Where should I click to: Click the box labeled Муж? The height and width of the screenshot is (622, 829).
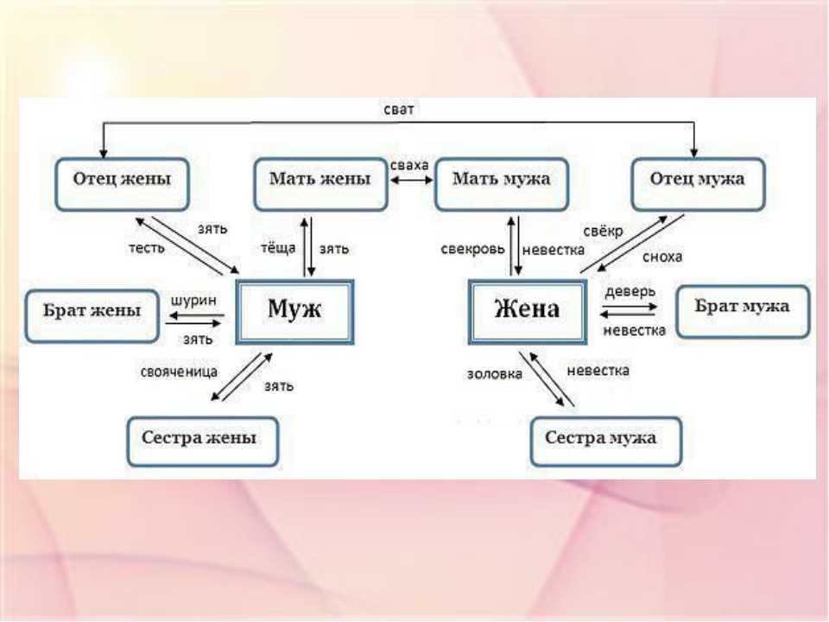pos(294,312)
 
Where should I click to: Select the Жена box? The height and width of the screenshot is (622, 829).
pos(528,312)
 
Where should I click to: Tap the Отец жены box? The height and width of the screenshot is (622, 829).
pos(122,184)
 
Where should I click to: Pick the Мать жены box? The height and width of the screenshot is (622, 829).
pos(320,184)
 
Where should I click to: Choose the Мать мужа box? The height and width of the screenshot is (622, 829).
pos(501,184)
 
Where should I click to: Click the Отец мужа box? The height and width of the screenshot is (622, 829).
pos(698,184)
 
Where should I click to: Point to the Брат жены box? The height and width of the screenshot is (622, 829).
pos(92,316)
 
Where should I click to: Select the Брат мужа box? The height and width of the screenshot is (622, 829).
pos(743,312)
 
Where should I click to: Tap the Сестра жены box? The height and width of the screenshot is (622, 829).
pos(202,441)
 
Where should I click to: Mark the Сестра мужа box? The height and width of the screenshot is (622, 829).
pos(606,441)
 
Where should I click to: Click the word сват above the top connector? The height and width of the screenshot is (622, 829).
pos(399,110)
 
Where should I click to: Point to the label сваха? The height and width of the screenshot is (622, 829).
pos(409,165)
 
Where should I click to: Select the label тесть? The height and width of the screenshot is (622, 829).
pos(147,248)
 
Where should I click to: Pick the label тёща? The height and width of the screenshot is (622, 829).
pos(278,248)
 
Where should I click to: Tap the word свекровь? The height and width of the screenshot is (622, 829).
pos(472,249)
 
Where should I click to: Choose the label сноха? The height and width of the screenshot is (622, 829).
pos(662,257)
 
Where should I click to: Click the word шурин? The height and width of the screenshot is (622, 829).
pos(193,301)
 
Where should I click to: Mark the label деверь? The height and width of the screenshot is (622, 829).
pos(630,291)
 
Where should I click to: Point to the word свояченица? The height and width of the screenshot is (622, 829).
pos(179,372)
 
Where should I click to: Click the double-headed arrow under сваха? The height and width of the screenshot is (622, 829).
pos(411,181)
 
